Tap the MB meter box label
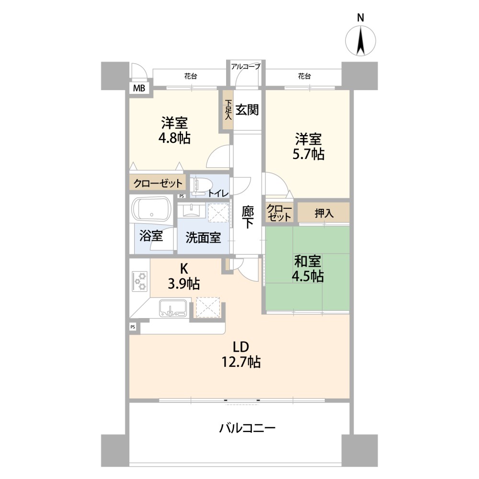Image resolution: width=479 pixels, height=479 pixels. pos(139,88)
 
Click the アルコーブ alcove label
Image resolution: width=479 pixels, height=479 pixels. pos(246,66)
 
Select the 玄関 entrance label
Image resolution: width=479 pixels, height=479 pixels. pos(247,110)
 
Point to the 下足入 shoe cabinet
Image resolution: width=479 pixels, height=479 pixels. pos(228,110)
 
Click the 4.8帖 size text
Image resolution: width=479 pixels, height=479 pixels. pos(174,138)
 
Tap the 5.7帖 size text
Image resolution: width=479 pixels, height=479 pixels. pos(308,154)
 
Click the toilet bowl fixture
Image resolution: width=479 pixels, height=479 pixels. pos(201,185)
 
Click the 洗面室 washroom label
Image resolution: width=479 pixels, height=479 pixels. pos(203,238)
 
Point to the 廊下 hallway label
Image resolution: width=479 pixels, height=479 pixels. pos(248,217)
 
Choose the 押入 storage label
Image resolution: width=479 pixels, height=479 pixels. pos(324,213)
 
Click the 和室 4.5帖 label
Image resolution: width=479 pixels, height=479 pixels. pos(308,269)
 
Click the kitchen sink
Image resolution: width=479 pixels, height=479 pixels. pos(172,308)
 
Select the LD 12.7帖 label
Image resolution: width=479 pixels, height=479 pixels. pos(241,354)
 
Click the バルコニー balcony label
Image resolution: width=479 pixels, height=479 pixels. pos(248,428)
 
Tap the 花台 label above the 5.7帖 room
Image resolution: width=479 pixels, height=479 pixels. pos(304,76)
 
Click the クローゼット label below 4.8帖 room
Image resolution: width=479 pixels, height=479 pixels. pos(158,183)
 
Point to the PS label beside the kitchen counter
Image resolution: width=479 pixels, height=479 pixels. pos(133,327)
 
